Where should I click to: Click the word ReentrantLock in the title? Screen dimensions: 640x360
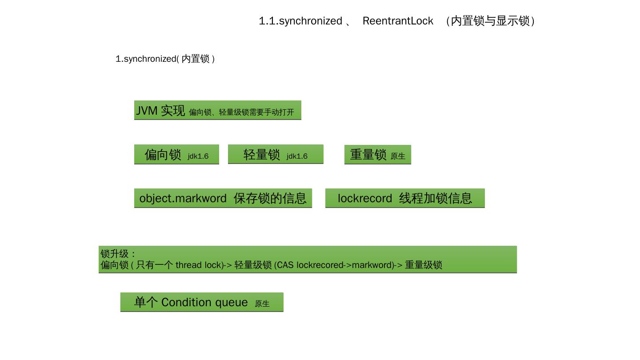[x=398, y=21]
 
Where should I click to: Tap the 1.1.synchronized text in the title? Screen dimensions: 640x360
[x=300, y=21]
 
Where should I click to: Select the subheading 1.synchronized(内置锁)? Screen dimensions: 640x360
[x=165, y=59]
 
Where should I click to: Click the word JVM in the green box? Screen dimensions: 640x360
[x=147, y=111]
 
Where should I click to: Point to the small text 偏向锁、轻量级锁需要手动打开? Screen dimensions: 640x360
[x=241, y=112]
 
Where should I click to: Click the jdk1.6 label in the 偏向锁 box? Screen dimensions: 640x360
[x=198, y=156]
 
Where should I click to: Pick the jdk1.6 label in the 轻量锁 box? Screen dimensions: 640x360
[x=297, y=156]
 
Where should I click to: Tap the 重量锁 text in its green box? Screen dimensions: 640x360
[x=368, y=155]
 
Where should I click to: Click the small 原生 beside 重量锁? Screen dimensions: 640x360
[x=398, y=156]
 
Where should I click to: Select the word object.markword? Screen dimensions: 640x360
[x=183, y=198]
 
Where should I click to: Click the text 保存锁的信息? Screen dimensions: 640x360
[x=270, y=198]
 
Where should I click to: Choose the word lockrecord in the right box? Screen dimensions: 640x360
[x=365, y=198]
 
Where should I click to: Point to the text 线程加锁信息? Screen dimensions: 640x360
[x=436, y=198]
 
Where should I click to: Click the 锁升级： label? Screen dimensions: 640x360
[x=118, y=254]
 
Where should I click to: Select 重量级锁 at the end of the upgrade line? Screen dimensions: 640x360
[x=424, y=265]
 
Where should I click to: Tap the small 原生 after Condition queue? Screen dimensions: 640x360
[x=262, y=304]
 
